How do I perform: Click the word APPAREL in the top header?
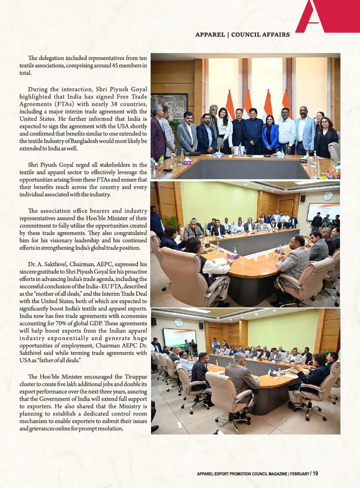tap(209, 35)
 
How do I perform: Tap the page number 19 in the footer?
tap(315, 474)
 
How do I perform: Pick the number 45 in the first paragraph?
tap(98, 66)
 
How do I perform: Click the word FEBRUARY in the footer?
tap(299, 474)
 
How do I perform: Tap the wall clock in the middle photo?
tap(328, 196)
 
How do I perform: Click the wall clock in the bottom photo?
tap(178, 322)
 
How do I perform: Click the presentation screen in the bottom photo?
tap(179, 337)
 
